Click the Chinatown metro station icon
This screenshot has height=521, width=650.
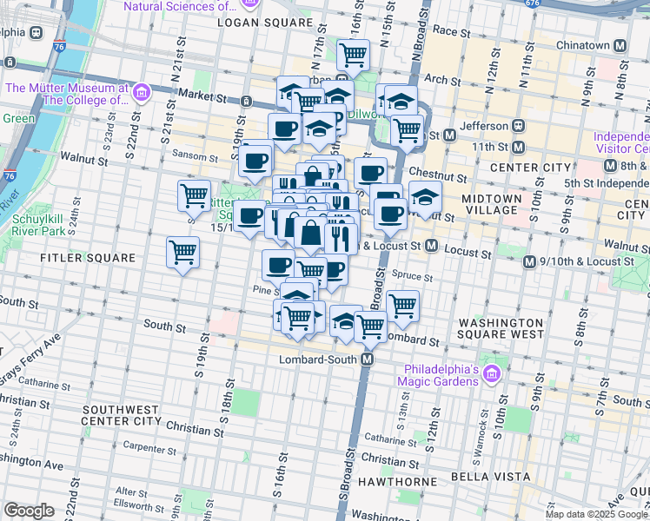(620, 46)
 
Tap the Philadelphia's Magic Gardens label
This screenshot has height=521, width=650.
(438, 373)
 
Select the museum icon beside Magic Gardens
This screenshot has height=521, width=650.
(492, 373)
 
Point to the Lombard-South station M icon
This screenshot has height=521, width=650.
(368, 359)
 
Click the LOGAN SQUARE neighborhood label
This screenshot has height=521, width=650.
(265, 22)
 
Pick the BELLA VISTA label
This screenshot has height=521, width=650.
(491, 477)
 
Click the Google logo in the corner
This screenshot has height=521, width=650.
(29, 511)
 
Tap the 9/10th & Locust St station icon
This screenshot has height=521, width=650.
(528, 261)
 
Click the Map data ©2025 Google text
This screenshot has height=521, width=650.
(596, 513)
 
